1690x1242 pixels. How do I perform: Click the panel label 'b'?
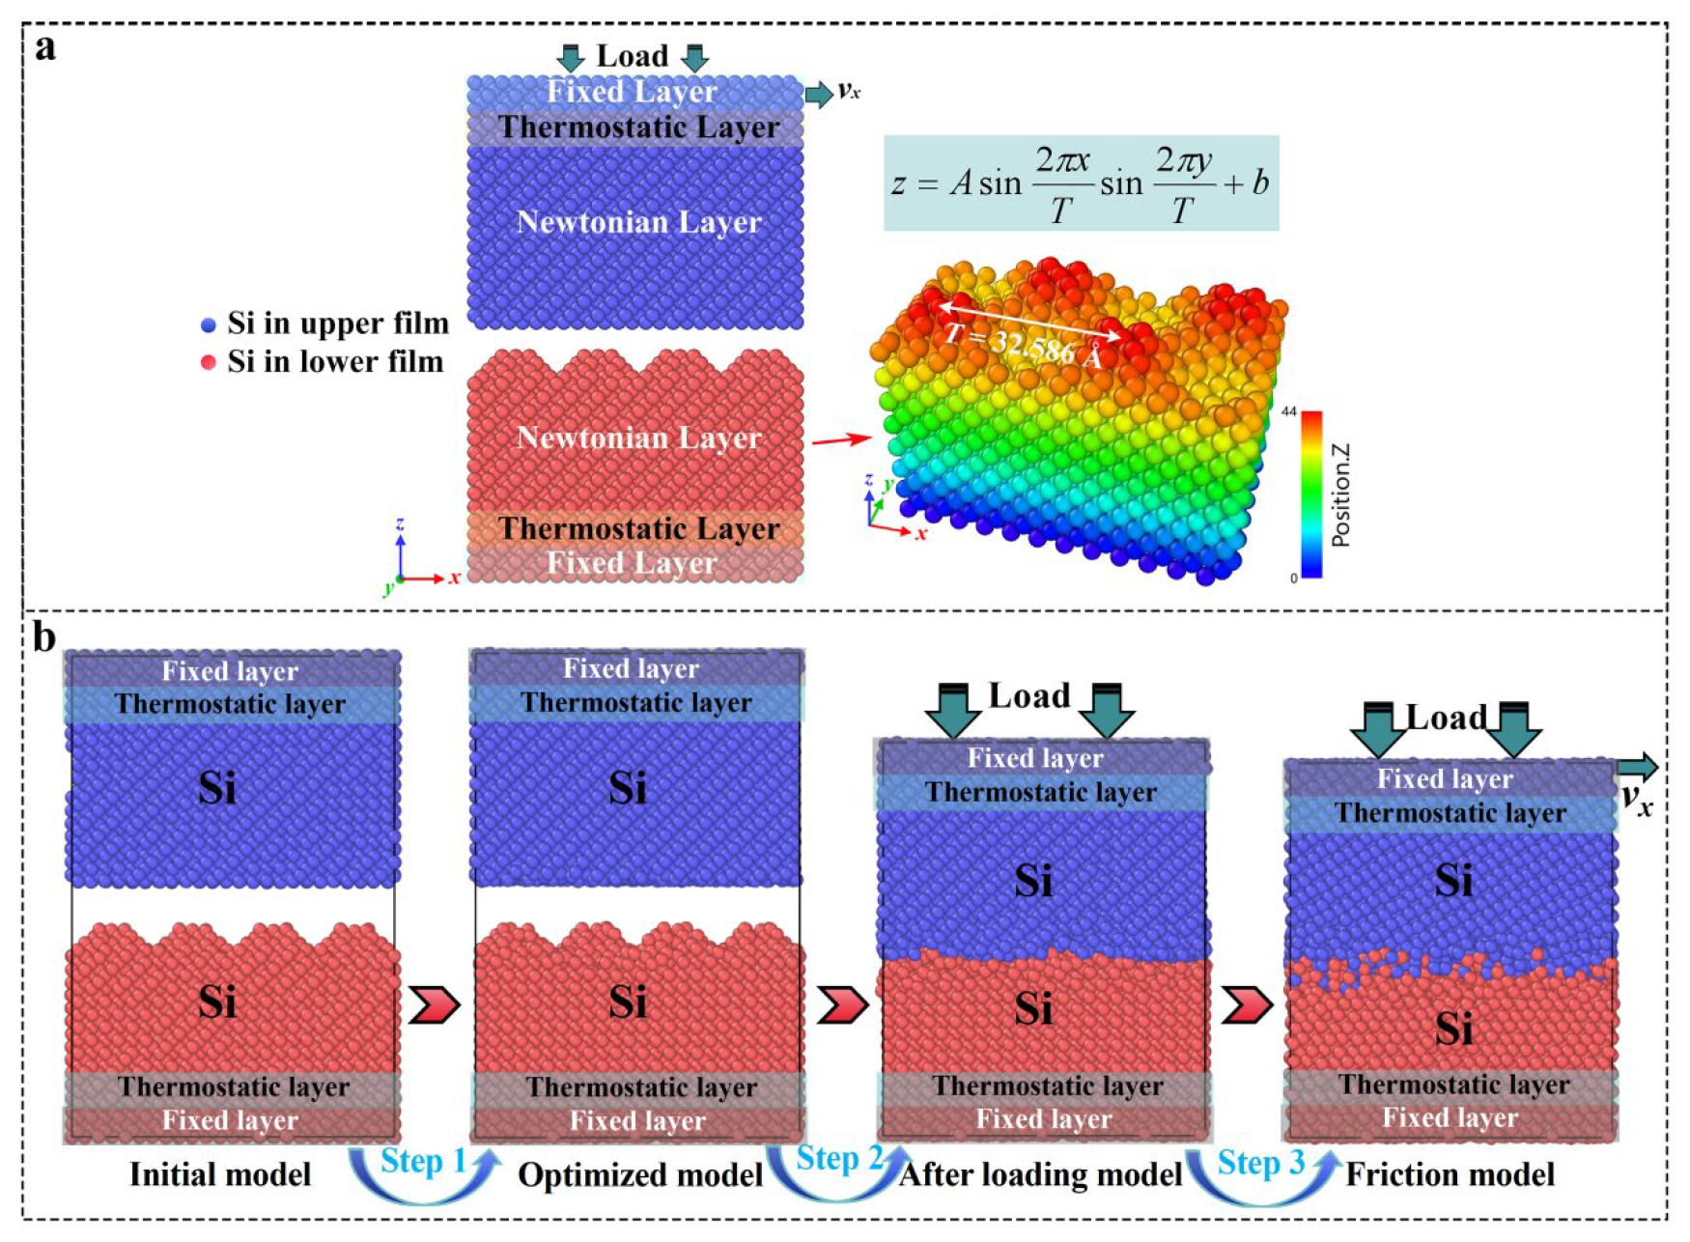tap(44, 637)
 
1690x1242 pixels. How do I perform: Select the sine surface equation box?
tap(1081, 183)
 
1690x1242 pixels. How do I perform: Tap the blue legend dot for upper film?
tap(208, 325)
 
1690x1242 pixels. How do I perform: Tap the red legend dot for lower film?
tap(208, 363)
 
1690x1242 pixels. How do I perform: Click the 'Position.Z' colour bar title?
tap(1340, 495)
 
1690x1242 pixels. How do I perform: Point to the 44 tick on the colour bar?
tap(1288, 412)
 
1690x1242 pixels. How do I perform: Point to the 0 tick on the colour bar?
tap(1293, 579)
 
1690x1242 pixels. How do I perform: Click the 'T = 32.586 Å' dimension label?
tap(1023, 345)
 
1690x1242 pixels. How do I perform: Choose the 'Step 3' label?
tap(1260, 1162)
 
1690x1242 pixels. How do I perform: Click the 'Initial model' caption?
tap(220, 1174)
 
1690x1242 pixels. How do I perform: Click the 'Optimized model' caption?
tap(640, 1175)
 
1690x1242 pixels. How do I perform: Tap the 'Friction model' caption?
tap(1450, 1174)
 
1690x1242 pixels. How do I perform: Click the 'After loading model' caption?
tap(1041, 1174)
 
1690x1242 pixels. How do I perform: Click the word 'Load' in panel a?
tap(632, 56)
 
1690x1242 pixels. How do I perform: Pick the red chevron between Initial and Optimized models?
tap(434, 1004)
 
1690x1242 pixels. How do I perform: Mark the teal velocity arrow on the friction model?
tap(1637, 768)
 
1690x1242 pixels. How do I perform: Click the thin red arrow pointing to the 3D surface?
tap(840, 440)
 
